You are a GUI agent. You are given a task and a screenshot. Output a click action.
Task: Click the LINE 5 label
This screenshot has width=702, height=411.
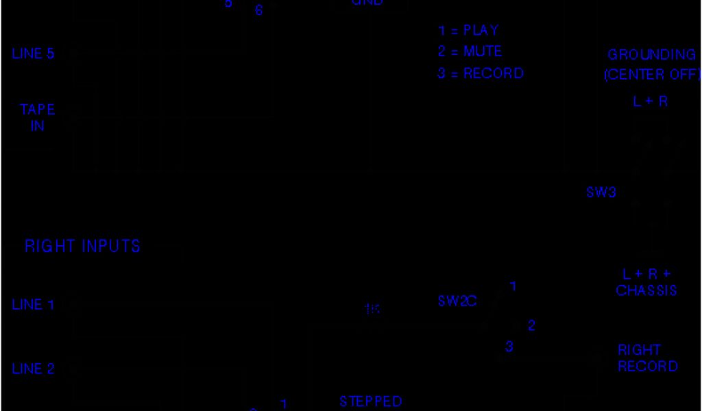point(33,53)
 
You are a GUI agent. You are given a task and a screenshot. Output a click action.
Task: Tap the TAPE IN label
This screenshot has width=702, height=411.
point(37,118)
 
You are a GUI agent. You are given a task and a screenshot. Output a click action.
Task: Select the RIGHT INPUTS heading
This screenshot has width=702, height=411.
point(82,247)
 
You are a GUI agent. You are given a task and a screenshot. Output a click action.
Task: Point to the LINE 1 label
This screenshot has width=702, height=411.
point(33,305)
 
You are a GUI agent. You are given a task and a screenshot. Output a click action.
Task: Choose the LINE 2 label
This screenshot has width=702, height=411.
point(33,369)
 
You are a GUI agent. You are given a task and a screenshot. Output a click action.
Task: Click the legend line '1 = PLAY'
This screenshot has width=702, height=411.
point(468,31)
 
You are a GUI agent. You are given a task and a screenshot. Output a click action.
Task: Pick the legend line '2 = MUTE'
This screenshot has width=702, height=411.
point(470,52)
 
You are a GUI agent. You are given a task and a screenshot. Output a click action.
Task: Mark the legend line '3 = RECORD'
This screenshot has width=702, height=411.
point(481,73)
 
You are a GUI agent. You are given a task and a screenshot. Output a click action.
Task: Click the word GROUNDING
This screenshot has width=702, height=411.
point(651,55)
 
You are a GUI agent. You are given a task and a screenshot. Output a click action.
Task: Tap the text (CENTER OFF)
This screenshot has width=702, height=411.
point(651,75)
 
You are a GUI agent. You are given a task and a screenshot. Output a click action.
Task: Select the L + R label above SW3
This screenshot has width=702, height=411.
point(650,102)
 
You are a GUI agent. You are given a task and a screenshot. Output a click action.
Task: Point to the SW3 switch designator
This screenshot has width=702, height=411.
point(601,192)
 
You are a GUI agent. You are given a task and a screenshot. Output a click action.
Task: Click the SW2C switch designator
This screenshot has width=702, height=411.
point(457,301)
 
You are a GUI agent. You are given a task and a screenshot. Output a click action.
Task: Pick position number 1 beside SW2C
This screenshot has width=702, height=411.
point(512,286)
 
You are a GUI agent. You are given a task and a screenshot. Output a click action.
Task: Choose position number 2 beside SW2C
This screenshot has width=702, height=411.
point(531,326)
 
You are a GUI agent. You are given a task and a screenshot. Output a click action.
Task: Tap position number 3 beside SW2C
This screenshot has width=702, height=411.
point(509,347)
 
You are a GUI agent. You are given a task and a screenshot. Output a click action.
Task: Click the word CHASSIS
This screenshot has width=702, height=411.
point(646,290)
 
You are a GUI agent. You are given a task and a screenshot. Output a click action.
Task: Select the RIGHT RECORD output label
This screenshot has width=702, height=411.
point(647,358)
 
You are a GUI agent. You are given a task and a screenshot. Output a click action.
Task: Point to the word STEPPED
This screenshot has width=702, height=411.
point(371,401)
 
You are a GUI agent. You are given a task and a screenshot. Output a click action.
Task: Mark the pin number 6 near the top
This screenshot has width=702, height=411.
point(258,11)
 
